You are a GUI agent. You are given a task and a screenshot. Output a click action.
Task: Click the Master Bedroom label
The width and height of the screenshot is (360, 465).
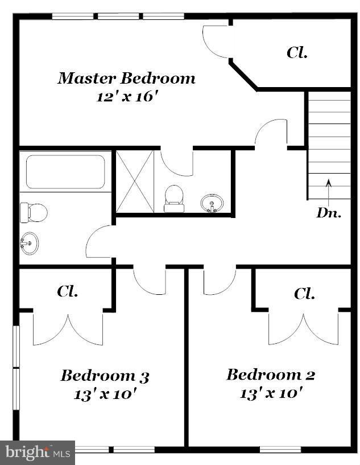(126, 78)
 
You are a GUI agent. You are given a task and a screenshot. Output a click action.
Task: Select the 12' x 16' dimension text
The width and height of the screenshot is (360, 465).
(126, 96)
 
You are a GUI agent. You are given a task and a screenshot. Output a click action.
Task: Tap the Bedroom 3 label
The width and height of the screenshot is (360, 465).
(105, 376)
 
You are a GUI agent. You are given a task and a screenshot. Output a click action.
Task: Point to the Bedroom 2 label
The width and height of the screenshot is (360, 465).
(270, 375)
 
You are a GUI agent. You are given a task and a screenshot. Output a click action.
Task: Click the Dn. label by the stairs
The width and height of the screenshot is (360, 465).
(329, 213)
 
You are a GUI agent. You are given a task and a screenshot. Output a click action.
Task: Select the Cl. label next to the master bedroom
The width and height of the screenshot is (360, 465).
(297, 53)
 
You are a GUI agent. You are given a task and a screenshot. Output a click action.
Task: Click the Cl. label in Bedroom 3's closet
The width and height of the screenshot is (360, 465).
(67, 291)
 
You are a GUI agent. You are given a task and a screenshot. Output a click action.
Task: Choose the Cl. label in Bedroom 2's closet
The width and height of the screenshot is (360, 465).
(305, 294)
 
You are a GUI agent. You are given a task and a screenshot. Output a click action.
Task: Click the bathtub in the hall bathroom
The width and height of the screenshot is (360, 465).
(65, 172)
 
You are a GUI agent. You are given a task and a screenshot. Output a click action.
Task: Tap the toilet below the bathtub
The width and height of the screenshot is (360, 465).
(33, 212)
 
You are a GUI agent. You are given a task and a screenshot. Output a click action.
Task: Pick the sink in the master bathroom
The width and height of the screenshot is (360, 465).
(213, 203)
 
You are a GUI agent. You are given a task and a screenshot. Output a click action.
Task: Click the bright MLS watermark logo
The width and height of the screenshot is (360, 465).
(37, 452)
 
